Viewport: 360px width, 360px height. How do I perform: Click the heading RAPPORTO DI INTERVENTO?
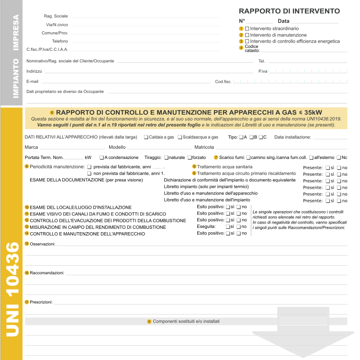point(289,11)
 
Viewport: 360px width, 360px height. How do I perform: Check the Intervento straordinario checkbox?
point(247,29)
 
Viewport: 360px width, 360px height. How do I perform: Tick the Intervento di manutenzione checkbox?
point(247,35)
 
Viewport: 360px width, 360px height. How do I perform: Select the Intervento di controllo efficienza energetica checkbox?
point(247,41)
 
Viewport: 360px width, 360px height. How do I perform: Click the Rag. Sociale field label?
point(56,16)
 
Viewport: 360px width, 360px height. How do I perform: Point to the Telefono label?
point(60,41)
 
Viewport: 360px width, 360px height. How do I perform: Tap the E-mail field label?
point(33,81)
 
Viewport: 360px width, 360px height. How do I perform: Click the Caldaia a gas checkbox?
point(146,137)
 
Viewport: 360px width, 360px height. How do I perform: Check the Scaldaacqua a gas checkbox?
point(180,137)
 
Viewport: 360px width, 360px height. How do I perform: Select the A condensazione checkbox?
point(101,157)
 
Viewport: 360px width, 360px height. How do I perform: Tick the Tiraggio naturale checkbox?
point(166,157)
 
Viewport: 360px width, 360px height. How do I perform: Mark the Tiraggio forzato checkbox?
point(190,157)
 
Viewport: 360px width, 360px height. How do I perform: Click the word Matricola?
point(204,147)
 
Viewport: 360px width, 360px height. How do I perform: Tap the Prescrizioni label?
point(42,302)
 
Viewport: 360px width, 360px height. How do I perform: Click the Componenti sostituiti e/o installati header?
point(186,321)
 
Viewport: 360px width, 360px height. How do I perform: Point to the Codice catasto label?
point(252,48)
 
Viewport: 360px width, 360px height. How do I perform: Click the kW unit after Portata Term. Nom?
point(88,157)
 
